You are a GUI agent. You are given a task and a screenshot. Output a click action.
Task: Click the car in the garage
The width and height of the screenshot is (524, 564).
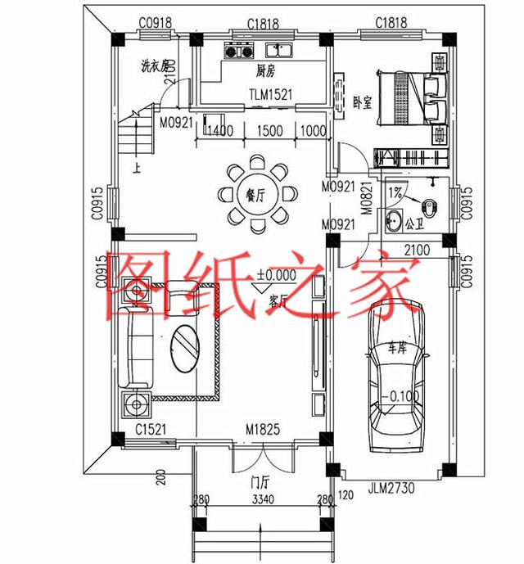(x=396, y=377)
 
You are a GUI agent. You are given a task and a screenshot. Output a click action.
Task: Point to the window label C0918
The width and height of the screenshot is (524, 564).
(x=155, y=22)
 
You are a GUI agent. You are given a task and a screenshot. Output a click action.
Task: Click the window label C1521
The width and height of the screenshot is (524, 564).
(x=152, y=428)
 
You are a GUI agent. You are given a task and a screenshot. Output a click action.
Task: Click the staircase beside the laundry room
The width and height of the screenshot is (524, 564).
(x=136, y=135)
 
